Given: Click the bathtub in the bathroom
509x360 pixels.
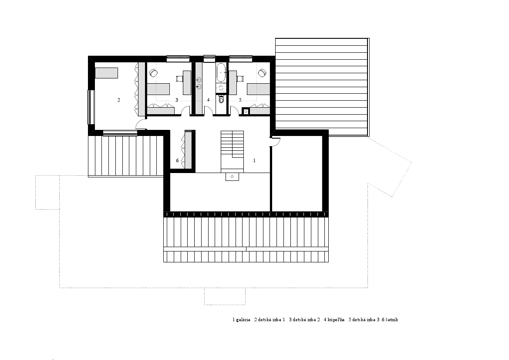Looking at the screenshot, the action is click(221, 72).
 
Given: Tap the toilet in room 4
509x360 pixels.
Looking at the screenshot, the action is click(221, 99).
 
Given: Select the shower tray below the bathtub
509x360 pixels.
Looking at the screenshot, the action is click(221, 88).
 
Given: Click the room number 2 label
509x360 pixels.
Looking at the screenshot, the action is click(118, 100).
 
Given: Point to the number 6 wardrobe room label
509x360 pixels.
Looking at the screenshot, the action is click(177, 160).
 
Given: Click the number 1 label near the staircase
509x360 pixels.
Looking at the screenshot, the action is click(254, 160).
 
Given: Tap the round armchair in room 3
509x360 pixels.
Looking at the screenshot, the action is click(153, 73).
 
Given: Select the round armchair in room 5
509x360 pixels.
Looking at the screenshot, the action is click(262, 73).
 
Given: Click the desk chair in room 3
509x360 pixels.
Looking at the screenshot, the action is click(179, 78).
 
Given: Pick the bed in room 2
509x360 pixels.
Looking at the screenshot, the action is click(106, 73).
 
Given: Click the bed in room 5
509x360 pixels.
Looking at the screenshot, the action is click(258, 89).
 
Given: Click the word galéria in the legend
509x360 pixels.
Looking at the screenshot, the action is click(243, 320).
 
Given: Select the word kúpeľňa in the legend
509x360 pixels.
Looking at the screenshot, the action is click(336, 320).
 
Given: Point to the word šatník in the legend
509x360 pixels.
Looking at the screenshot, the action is click(392, 320).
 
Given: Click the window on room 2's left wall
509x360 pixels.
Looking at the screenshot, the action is click(91, 107).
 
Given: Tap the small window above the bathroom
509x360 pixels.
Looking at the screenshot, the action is click(209, 58).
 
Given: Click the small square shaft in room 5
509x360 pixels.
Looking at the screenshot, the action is click(246, 112).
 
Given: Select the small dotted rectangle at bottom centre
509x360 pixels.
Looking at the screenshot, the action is click(225, 296).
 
